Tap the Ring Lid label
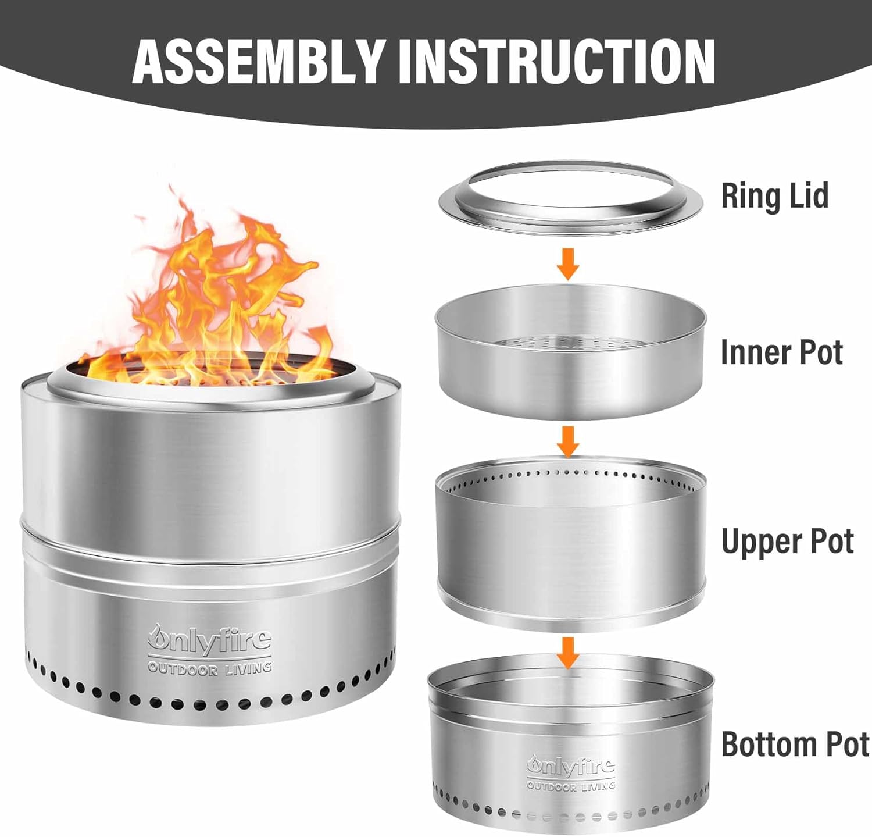tap(774, 196)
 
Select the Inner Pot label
tap(781, 352)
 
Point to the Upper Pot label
tap(787, 542)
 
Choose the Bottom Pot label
tap(795, 745)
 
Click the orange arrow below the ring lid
tap(568, 263)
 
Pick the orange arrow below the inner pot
tap(568, 441)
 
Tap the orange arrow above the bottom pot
tap(568, 652)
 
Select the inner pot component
tap(570, 378)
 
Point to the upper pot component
tap(570, 553)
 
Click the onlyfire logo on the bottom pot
tap(570, 766)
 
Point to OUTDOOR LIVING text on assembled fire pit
tap(209, 668)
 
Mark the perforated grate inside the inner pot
tap(570, 344)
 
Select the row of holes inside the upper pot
tap(570, 474)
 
